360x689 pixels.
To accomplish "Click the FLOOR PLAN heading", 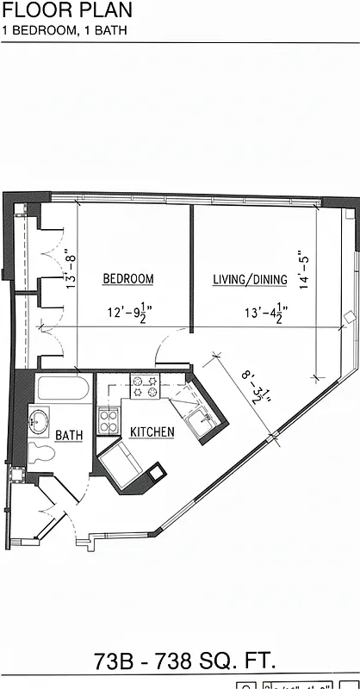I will point(68,11).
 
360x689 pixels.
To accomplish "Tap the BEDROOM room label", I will point(128,279).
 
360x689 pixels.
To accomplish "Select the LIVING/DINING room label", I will point(251,280).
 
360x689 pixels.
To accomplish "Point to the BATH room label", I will point(69,436).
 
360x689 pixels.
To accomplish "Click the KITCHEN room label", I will point(152,431).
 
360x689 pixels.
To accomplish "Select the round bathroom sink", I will point(40,422).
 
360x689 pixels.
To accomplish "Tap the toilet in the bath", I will point(39,451).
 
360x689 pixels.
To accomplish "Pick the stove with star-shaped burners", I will point(145,387).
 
